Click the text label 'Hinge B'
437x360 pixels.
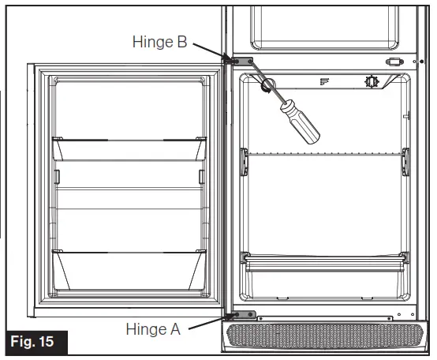click(159, 42)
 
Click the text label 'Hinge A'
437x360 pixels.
click(153, 328)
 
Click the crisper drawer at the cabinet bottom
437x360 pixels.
click(326, 271)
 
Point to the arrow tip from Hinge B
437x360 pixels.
click(228, 57)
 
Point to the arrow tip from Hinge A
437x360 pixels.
click(227, 317)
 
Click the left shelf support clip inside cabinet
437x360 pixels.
click(245, 159)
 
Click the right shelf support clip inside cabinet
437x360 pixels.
click(406, 159)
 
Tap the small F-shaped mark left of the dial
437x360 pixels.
click(323, 81)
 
